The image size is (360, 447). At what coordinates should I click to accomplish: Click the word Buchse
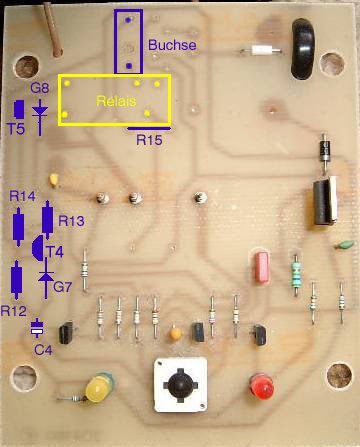point(172,45)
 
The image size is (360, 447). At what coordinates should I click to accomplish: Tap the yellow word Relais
point(116,101)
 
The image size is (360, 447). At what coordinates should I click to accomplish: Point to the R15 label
point(149,140)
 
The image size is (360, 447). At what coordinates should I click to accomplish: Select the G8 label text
point(40,88)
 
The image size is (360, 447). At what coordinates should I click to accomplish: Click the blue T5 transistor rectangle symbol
point(19,109)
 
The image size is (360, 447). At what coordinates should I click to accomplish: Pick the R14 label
point(22,196)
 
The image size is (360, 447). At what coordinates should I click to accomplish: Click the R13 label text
point(71,221)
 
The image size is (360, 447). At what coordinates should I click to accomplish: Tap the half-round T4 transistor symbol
point(38,248)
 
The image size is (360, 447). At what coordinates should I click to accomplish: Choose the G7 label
point(62,286)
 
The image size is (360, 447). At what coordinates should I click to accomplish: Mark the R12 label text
point(13,311)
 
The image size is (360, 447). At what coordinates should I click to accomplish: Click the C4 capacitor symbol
point(37,327)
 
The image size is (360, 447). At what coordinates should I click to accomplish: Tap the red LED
point(262,387)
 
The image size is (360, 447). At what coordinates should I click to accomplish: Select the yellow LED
point(99,388)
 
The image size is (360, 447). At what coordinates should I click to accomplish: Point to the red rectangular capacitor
point(262,267)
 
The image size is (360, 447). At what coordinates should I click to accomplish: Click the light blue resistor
point(295,275)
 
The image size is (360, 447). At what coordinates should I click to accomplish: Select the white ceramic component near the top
point(262,51)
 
